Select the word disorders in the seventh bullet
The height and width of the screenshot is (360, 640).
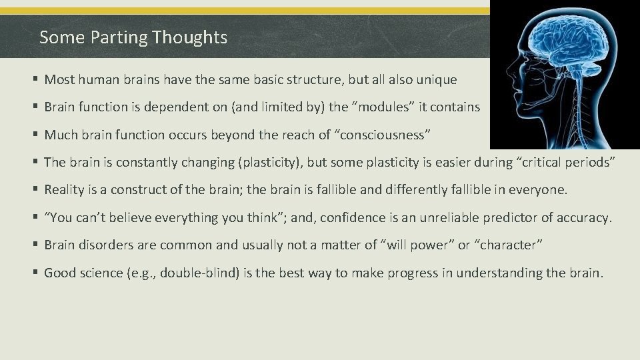103,245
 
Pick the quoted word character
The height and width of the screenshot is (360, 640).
508,245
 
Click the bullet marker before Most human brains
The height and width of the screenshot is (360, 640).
35,80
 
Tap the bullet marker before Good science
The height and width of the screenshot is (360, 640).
35,272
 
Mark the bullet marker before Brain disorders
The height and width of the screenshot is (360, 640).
35,245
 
